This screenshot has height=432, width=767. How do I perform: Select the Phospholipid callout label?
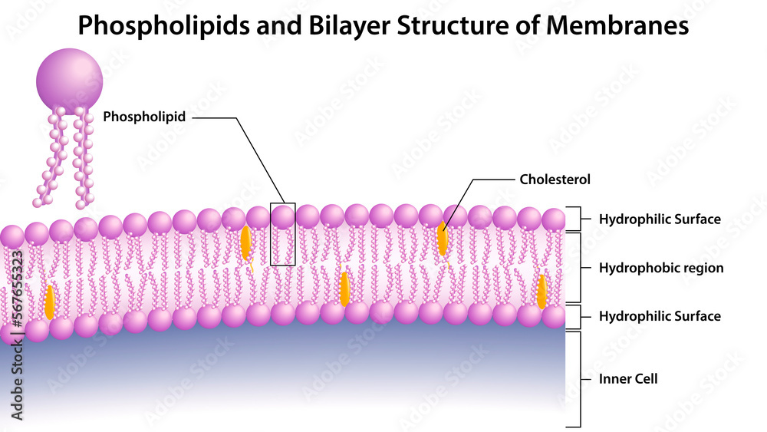pos(145,117)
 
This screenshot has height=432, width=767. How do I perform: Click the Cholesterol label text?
pos(555,180)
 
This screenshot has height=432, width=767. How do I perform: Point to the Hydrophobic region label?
pos(661,268)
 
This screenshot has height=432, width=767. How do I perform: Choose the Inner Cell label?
pos(628,378)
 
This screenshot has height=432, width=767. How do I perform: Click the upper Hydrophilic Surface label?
pos(660,219)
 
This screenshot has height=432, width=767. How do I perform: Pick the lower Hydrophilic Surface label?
pos(660,316)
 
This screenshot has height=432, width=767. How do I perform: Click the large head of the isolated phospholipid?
pos(70,81)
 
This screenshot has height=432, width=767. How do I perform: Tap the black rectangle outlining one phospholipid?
pos(283,234)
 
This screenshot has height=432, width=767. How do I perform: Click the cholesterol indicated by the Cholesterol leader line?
pos(443,239)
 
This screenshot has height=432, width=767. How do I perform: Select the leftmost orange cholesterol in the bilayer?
pos(50,302)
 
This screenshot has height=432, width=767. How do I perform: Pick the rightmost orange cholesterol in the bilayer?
pos(542,292)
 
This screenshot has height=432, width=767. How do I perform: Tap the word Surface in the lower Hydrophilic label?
pos(698,316)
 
